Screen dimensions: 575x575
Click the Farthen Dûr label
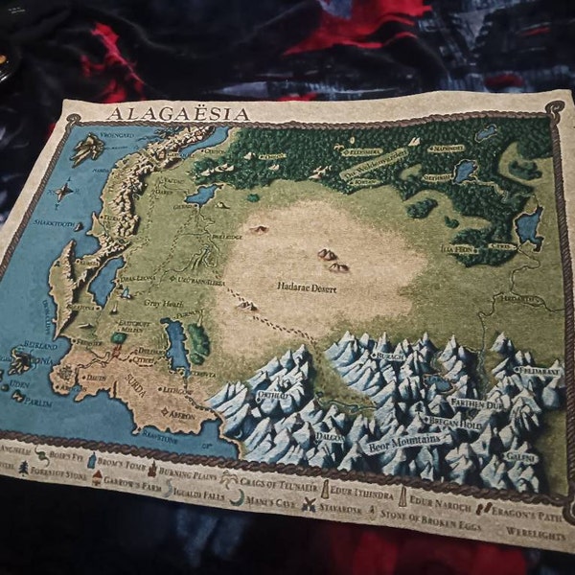coord(478,405)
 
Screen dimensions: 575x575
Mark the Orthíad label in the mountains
coord(272,394)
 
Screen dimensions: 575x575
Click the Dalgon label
coord(331,436)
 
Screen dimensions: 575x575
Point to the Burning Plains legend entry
coord(184,472)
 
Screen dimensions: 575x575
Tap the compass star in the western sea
coord(63,192)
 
